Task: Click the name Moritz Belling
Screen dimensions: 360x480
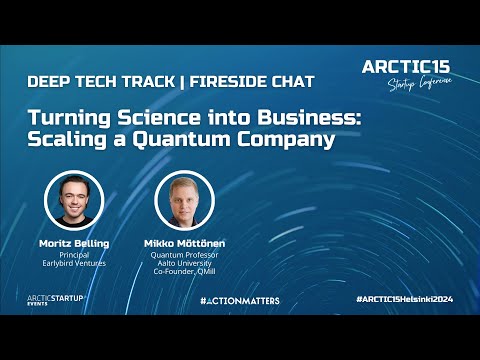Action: [x=75, y=243]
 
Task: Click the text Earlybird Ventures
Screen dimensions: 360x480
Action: [x=75, y=265]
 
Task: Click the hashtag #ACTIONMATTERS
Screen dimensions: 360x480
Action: [x=239, y=300]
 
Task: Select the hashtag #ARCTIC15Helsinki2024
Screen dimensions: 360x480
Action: [x=405, y=300]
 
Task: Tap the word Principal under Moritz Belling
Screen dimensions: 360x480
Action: [x=75, y=255]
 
